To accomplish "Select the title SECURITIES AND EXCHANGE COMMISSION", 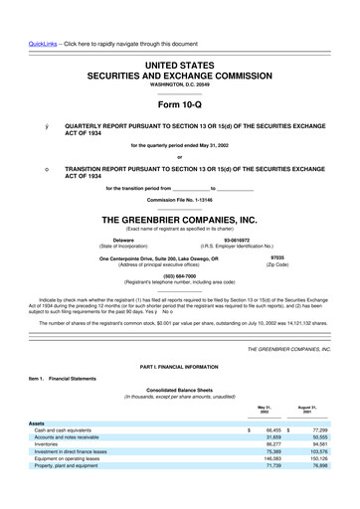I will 180,76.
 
